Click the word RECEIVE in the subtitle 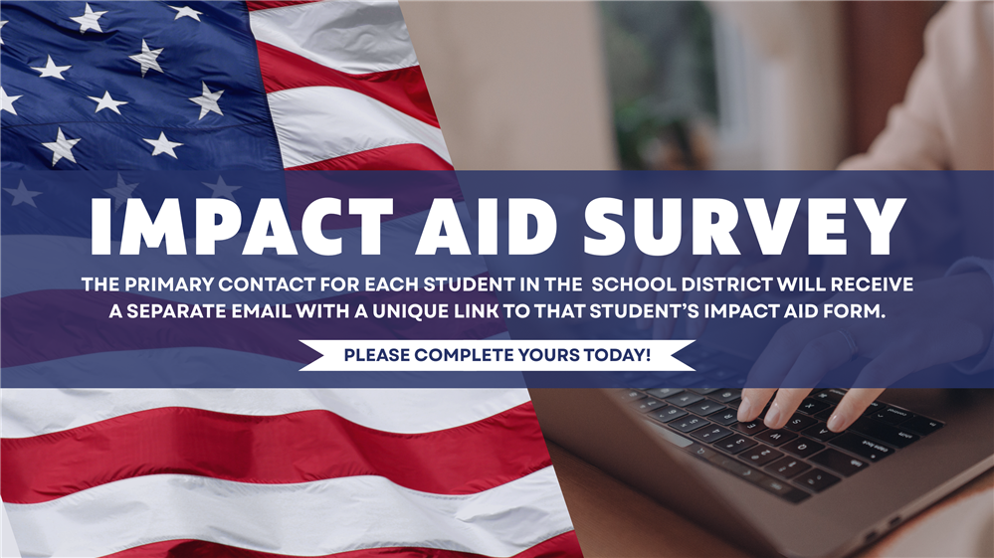click(873, 285)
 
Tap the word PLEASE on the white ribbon click(375, 354)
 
